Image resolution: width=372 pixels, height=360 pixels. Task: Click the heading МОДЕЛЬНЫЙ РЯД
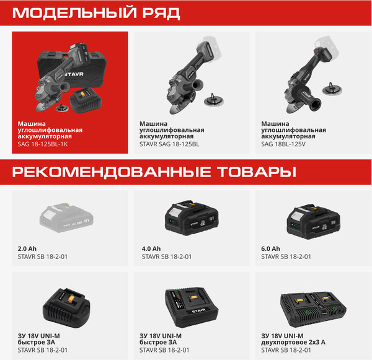coord(96,13)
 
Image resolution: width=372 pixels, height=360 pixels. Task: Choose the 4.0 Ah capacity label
coord(151,248)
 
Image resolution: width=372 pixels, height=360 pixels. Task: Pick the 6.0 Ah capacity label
coord(270,248)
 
